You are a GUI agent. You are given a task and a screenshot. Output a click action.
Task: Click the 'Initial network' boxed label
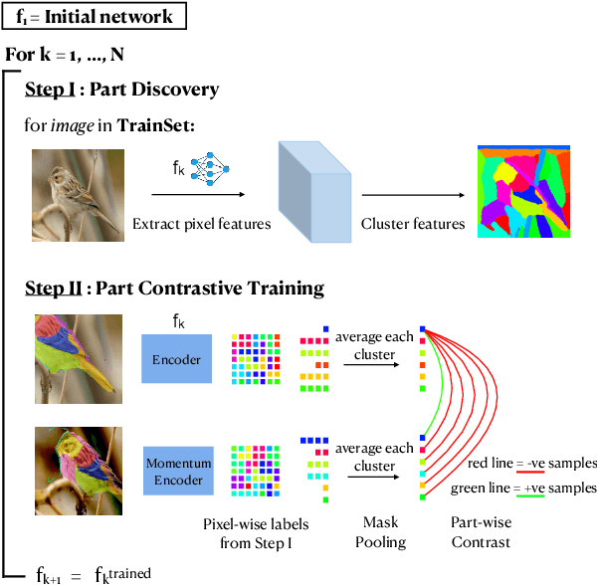(94, 17)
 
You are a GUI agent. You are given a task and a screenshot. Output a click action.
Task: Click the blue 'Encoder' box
(176, 359)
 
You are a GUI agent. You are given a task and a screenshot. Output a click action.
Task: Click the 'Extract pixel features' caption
(201, 224)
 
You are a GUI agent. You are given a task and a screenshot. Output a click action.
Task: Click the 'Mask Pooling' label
(381, 533)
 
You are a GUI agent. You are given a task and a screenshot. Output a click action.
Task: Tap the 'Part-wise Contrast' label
(481, 533)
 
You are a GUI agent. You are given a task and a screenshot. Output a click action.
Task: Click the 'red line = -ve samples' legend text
(531, 464)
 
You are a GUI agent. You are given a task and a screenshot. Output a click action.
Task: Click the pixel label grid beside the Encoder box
(257, 359)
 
